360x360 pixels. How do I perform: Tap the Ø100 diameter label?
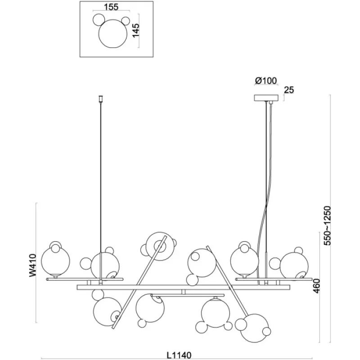coord(265,81)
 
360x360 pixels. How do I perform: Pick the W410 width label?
coord(31,265)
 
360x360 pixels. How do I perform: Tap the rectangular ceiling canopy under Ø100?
coord(267,98)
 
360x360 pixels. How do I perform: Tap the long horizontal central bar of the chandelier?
coord(184,287)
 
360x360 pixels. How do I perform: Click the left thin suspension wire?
coord(100,180)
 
